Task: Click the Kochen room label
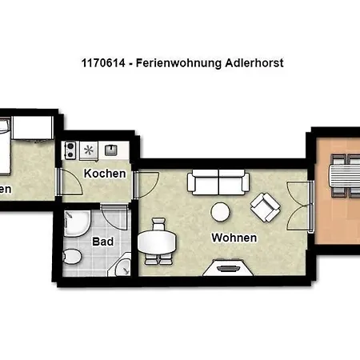[105, 174]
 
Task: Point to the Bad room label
[103, 241]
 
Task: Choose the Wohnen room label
[234, 238]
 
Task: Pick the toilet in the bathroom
[71, 257]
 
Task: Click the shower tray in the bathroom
[78, 226]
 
